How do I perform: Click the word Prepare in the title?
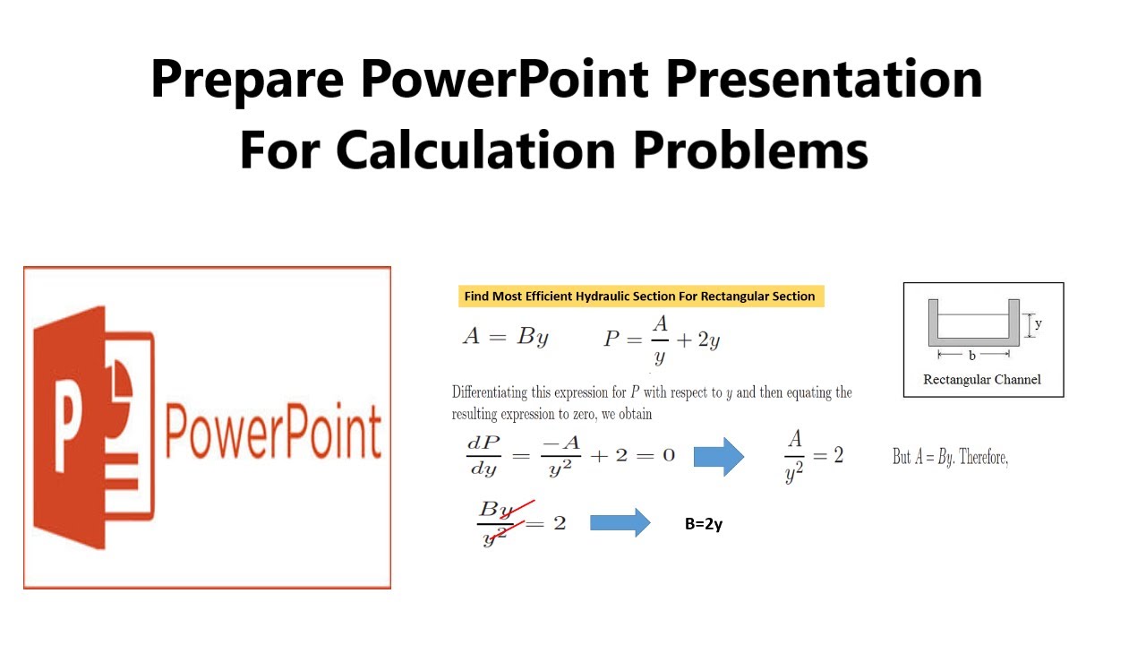(x=247, y=80)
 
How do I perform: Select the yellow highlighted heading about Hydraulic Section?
(x=639, y=297)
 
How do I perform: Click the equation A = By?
(x=505, y=337)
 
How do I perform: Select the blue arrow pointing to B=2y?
(x=620, y=522)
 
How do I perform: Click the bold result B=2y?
(x=704, y=524)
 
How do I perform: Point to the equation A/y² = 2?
(x=813, y=456)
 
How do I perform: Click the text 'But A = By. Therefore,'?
(x=950, y=458)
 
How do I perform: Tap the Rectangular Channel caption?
(x=982, y=380)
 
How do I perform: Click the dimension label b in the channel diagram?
(x=972, y=356)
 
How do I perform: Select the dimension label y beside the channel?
(x=1038, y=324)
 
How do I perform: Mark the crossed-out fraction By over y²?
(x=496, y=523)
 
